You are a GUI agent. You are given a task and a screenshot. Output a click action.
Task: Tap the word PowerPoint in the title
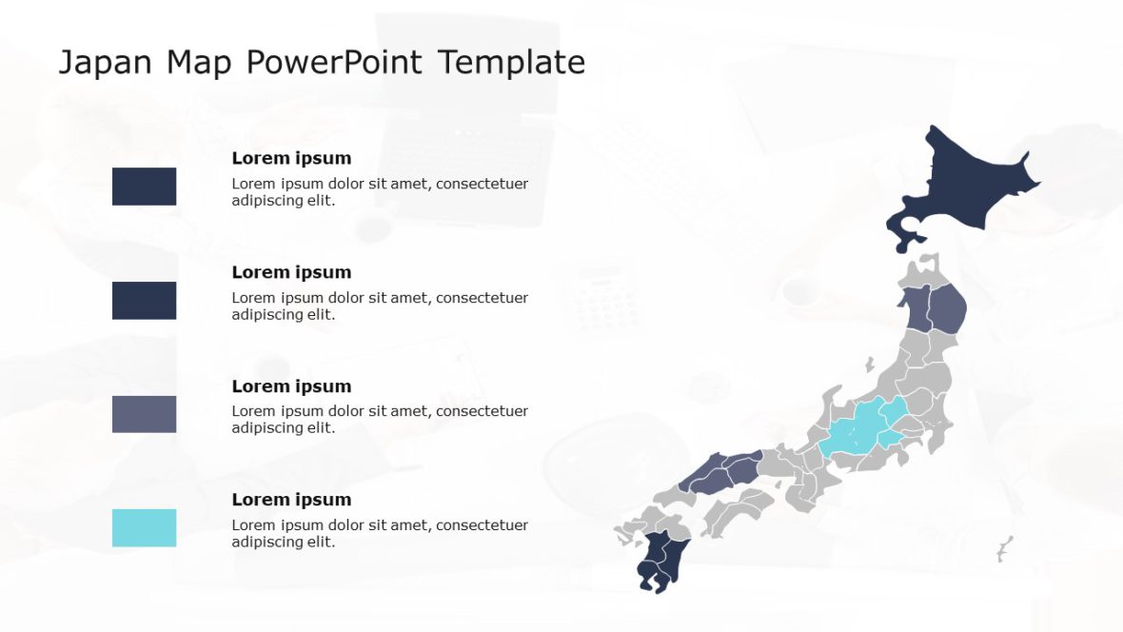[x=335, y=63]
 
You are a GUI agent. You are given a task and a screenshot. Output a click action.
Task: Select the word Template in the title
[x=512, y=63]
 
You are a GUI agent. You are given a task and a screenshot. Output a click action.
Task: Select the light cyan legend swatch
[x=144, y=527]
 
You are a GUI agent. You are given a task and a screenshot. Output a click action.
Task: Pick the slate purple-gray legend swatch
[x=144, y=414]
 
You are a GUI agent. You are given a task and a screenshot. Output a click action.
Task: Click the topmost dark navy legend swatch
[x=144, y=187]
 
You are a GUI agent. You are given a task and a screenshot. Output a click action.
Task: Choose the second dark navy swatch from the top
[x=144, y=300]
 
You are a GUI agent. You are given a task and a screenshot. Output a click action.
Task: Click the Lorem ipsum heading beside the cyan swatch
[x=291, y=500]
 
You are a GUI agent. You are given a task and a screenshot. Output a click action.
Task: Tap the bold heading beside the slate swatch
[x=291, y=386]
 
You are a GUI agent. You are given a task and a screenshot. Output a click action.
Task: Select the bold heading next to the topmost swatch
[x=291, y=158]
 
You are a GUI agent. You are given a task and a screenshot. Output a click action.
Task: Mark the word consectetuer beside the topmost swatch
[x=482, y=184]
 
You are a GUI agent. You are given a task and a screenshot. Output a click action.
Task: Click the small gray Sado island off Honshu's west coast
[x=869, y=365]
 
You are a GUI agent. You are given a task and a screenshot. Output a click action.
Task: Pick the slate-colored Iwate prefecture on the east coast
[x=948, y=307]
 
